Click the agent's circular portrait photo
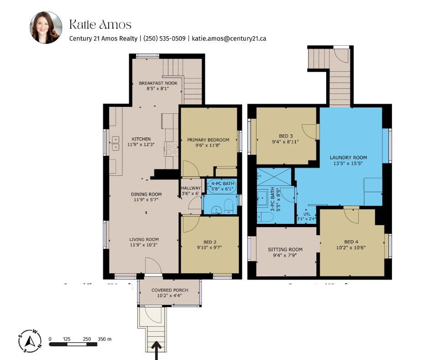pyautogui.click(x=46, y=28)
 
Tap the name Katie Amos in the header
pyautogui.click(x=100, y=24)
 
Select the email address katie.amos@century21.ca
pyautogui.click(x=229, y=39)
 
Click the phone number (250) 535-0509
pyautogui.click(x=164, y=39)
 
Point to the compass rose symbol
pyautogui.click(x=29, y=341)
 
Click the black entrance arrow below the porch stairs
pyautogui.click(x=157, y=351)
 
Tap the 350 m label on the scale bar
pyautogui.click(x=105, y=339)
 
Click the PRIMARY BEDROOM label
pyautogui.click(x=208, y=140)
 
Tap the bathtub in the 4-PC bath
pyautogui.click(x=222, y=185)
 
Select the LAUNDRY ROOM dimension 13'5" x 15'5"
pyautogui.click(x=348, y=164)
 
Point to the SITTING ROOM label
pyautogui.click(x=285, y=249)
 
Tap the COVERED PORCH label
pyautogui.click(x=169, y=290)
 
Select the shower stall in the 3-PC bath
pyautogui.click(x=274, y=176)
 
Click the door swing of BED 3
pyautogui.click(x=309, y=131)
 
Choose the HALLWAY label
pyautogui.click(x=191, y=188)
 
